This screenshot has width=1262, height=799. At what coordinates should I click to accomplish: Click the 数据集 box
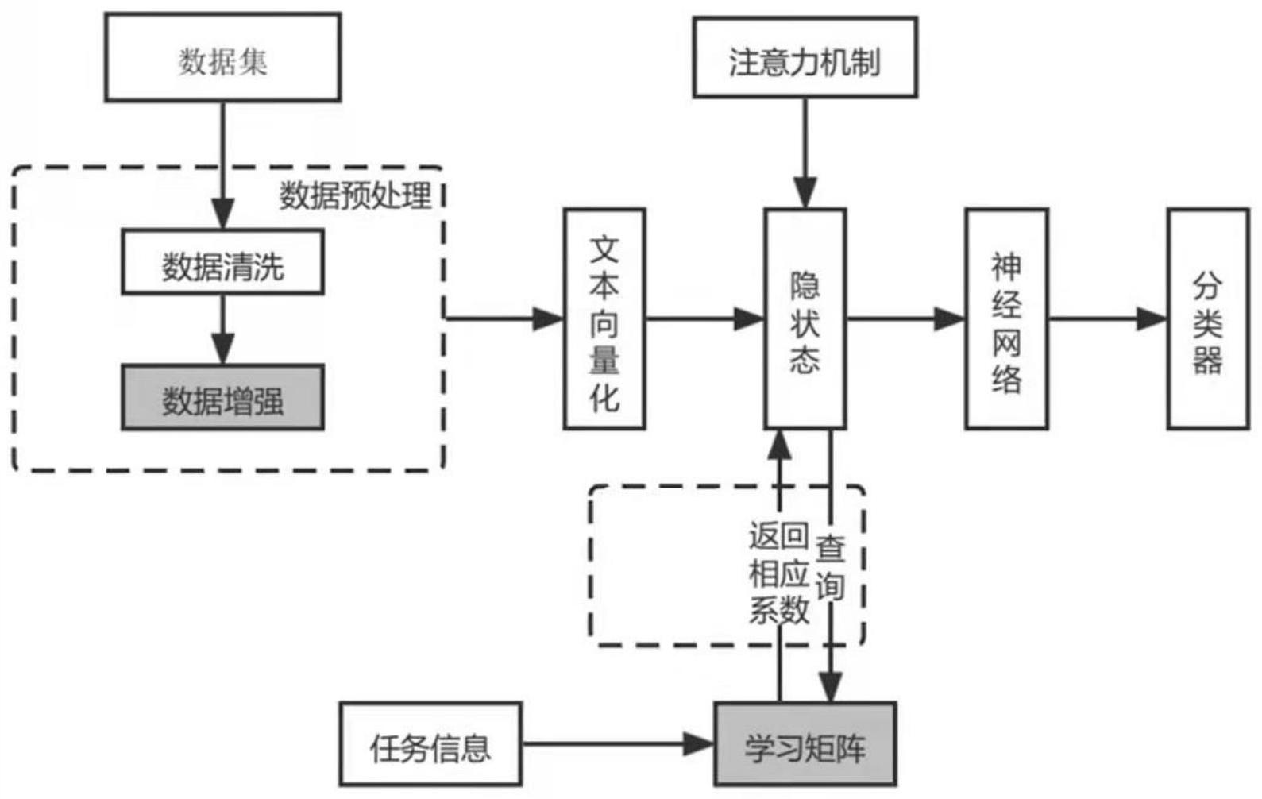tap(222, 58)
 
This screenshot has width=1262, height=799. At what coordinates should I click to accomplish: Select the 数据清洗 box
tap(222, 263)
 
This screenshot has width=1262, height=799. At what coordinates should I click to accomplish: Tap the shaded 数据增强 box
tap(222, 398)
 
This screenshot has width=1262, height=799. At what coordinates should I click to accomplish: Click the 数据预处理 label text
tap(355, 195)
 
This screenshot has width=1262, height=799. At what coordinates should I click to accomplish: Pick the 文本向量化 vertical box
tap(604, 319)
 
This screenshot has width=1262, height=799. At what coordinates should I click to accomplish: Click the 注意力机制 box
tap(805, 58)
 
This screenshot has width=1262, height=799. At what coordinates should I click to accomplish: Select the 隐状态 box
tap(805, 319)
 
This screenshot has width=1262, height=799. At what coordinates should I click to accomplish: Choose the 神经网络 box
tap(1006, 319)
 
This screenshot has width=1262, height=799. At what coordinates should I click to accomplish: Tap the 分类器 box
tap(1207, 319)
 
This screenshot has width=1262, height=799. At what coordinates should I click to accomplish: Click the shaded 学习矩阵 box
tap(805, 745)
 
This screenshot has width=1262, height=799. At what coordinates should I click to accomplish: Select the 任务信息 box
tap(430, 745)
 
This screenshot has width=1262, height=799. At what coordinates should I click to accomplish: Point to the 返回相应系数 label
tap(778, 572)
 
